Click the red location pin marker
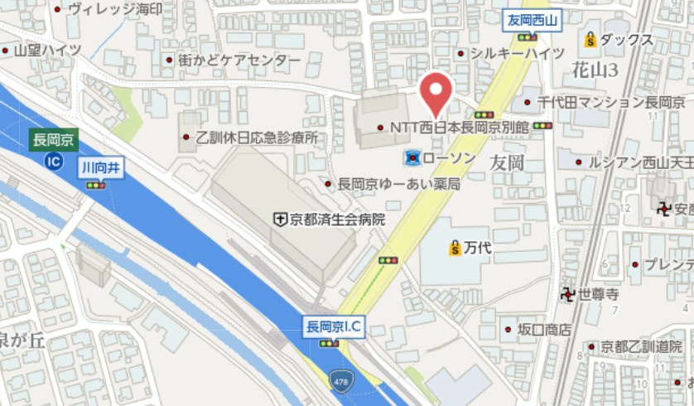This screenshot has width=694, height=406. point(436,94)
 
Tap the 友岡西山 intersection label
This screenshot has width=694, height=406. point(534,19)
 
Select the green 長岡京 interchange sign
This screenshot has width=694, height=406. point(53,140)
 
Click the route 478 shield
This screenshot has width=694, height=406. point(340,381)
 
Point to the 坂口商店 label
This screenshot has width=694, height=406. point(544,330)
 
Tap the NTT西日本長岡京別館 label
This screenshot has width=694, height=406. point(459,128)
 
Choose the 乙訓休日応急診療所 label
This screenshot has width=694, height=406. point(257,138)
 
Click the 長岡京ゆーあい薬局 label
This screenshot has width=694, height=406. point(398,184)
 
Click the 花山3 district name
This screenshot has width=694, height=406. point(595,70)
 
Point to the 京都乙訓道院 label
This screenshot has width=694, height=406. point(641,346)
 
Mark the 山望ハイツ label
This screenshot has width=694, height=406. point(48,51)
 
